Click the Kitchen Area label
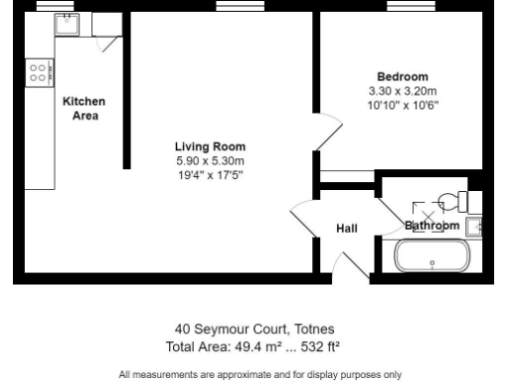(84, 107)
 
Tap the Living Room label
(210, 146)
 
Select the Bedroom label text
(402, 77)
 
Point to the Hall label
(347, 229)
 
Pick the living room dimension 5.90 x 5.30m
(210, 160)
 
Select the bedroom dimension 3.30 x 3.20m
(402, 91)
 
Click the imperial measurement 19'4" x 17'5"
(210, 175)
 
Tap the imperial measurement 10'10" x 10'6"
(402, 104)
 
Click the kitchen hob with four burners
(40, 72)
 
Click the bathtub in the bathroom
(432, 257)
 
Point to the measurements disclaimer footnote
(254, 374)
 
